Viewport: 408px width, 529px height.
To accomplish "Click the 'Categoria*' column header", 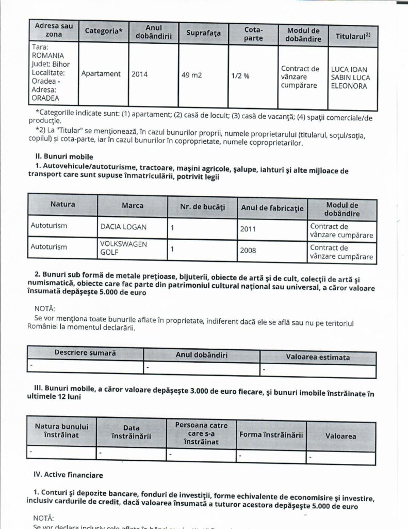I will [104, 32].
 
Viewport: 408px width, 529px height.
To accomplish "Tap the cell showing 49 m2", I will [191, 74].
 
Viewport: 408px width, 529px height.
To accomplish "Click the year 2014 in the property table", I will [139, 74].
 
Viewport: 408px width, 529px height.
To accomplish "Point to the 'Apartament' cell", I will [101, 74].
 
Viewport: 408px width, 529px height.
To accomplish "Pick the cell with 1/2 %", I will [240, 75].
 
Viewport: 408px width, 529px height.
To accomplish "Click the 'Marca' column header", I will [133, 205].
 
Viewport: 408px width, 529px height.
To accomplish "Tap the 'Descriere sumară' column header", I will [85, 353].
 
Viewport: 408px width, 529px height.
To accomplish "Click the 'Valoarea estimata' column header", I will [318, 357].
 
